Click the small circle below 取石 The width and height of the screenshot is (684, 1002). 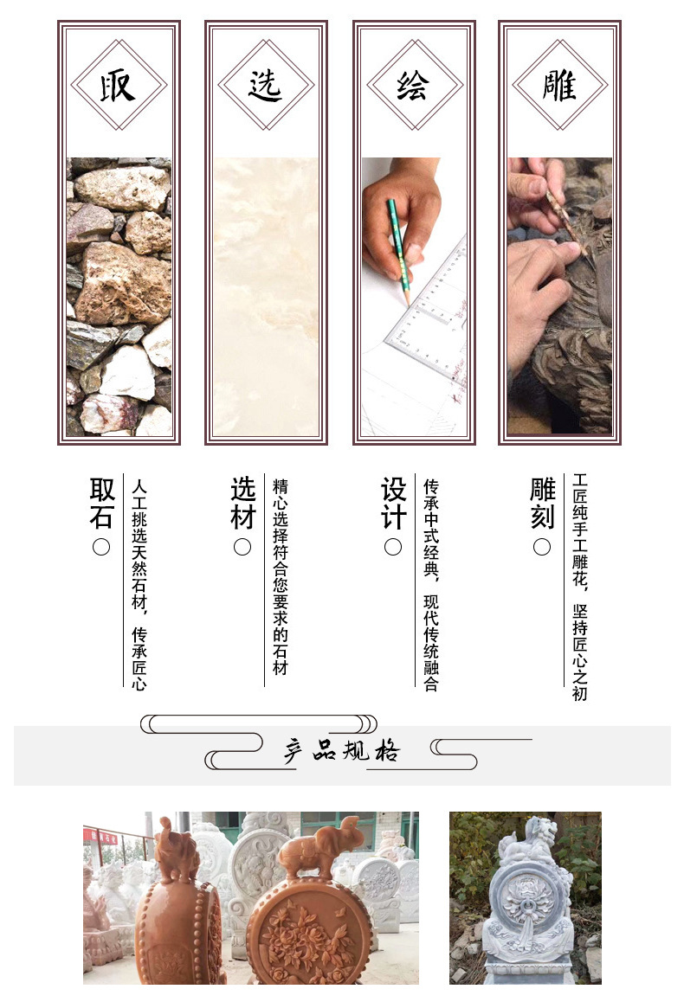pos(102,547)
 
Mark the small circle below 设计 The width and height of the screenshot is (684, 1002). pos(393,547)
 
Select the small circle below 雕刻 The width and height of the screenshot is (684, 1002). pos(542,547)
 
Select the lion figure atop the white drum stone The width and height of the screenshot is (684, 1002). pos(530,839)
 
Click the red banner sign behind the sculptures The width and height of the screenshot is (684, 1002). pos(100,836)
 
